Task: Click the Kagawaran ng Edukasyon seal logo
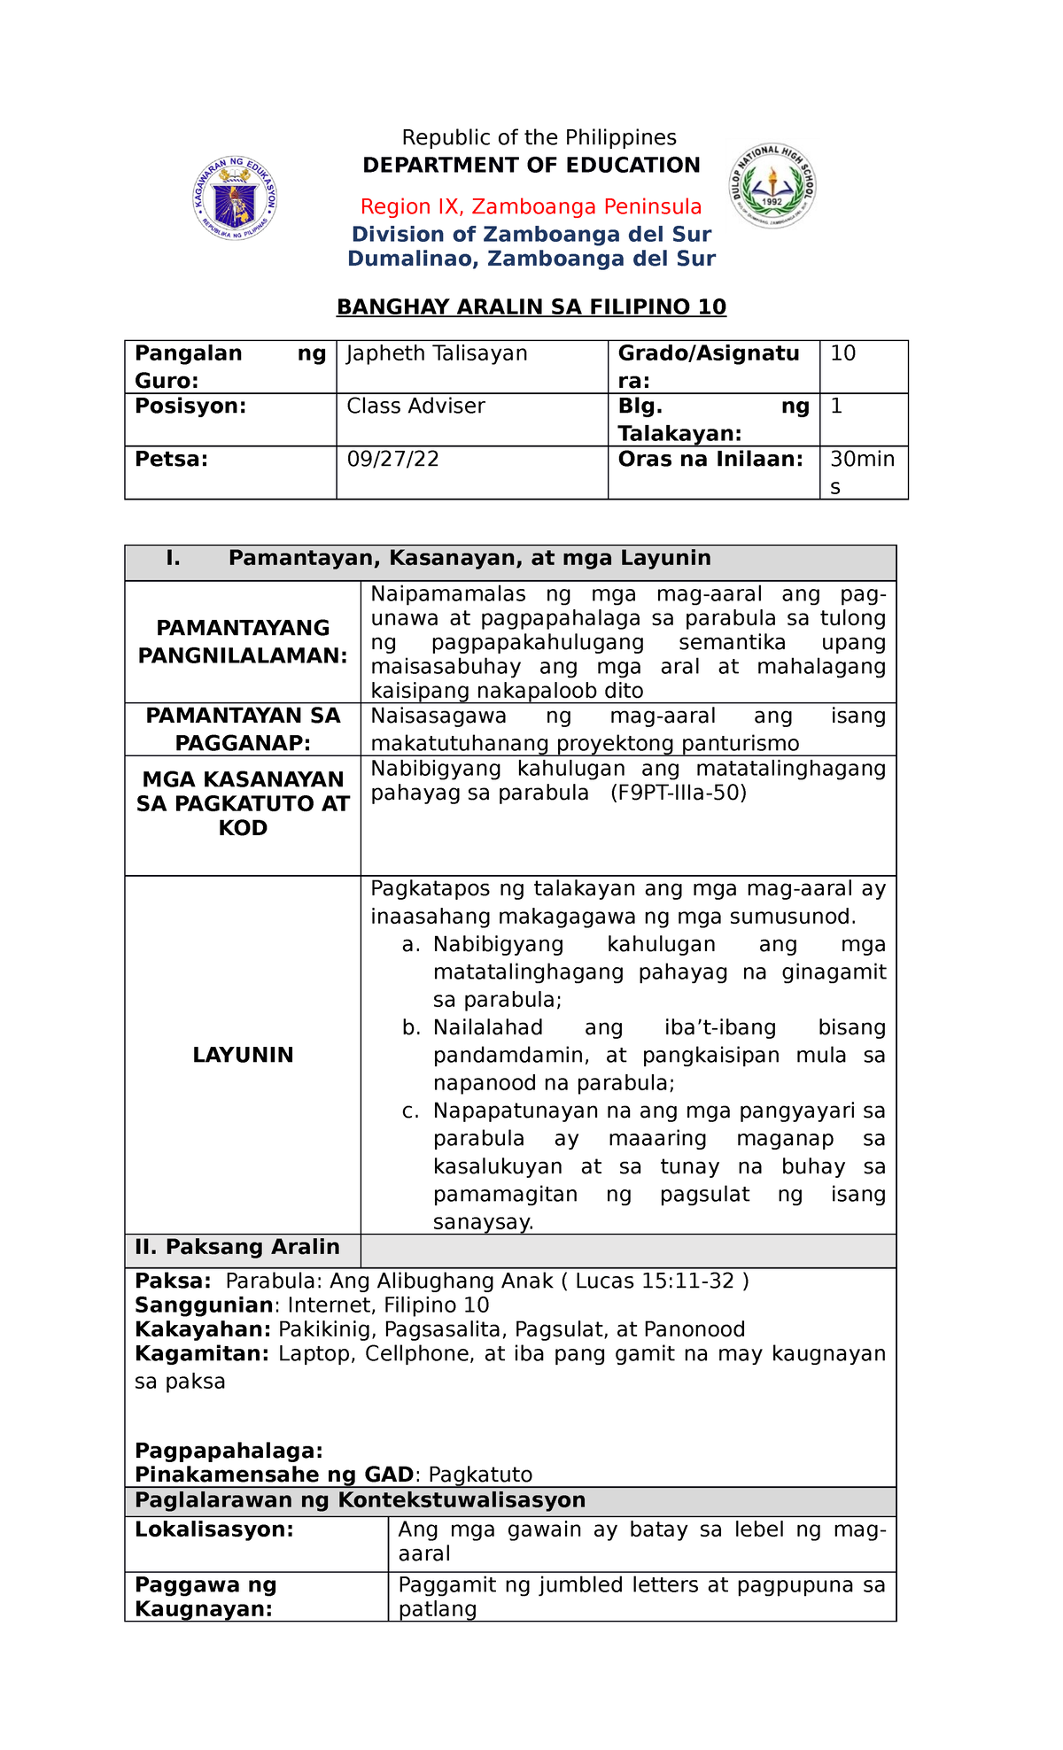click(x=235, y=199)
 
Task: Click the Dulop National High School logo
click(x=772, y=186)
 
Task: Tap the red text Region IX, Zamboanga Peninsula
click(x=531, y=207)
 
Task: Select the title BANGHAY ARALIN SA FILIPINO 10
click(x=531, y=307)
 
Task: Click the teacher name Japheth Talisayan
click(x=437, y=354)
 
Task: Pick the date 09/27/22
click(x=392, y=460)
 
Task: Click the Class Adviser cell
click(x=415, y=407)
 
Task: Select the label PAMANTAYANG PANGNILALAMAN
click(x=243, y=642)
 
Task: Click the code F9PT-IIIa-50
click(x=679, y=793)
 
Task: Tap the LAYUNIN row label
click(x=243, y=1055)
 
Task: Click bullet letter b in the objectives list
click(x=410, y=1028)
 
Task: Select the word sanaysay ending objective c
click(x=483, y=1223)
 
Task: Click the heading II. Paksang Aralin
click(x=237, y=1248)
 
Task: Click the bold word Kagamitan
click(x=202, y=1354)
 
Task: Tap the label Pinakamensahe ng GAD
click(x=274, y=1475)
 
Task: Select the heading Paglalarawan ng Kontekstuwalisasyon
click(x=360, y=1500)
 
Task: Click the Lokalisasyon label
click(x=213, y=1530)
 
